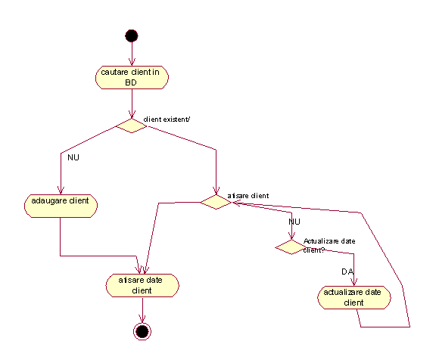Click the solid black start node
132,36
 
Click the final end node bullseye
142,331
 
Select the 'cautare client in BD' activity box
132,77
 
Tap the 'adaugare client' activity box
61,206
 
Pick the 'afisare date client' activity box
142,286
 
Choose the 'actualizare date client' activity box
354,297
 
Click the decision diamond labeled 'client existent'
132,126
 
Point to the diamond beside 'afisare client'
216,202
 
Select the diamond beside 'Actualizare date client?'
291,247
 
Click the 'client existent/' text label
167,119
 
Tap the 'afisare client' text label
248,196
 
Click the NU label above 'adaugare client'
73,157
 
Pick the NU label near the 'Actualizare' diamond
294,222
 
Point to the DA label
347,272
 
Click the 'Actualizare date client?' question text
329,246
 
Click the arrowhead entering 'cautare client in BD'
132,62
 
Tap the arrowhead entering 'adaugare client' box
61,191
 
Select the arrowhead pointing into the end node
142,319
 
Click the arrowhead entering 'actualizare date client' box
354,282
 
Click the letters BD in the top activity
131,82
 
